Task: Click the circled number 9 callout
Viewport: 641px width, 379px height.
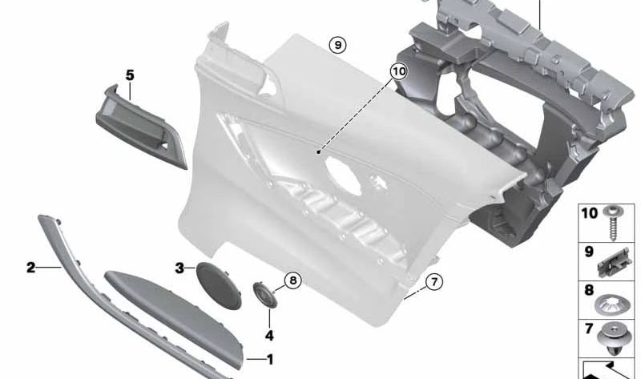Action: (x=338, y=46)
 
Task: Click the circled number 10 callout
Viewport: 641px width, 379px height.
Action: (x=398, y=71)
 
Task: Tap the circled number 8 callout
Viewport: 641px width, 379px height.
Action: (x=292, y=280)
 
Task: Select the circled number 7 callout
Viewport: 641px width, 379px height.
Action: (x=433, y=281)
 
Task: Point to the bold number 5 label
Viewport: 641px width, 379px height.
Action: (x=130, y=75)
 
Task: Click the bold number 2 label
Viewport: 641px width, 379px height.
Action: (x=30, y=268)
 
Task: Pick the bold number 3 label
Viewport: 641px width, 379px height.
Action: (x=179, y=268)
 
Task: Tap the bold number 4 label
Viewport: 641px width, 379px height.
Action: (x=269, y=335)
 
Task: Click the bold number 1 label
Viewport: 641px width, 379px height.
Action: (x=270, y=360)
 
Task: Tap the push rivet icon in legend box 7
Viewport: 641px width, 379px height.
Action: (x=615, y=338)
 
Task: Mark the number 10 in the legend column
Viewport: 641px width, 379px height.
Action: (x=589, y=214)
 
